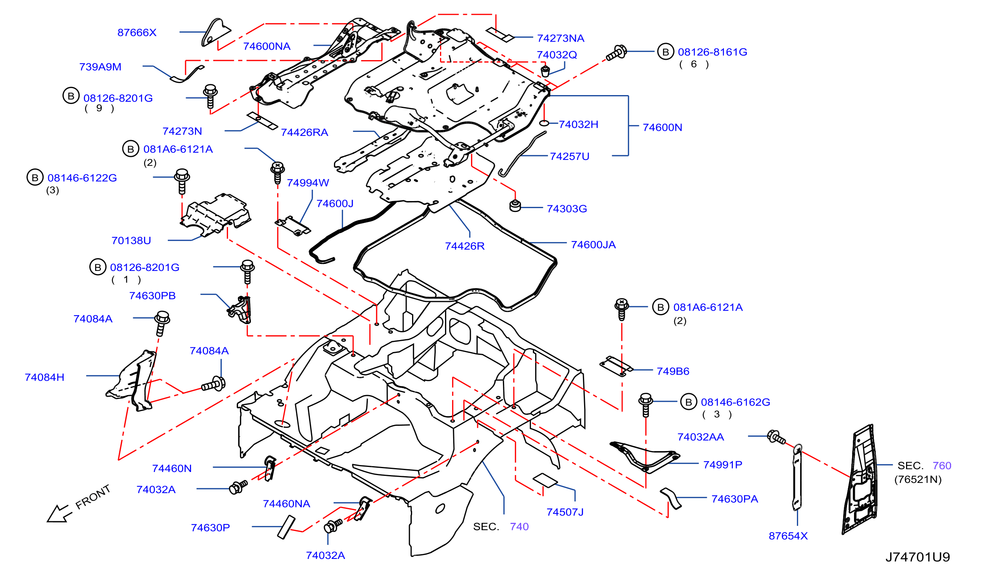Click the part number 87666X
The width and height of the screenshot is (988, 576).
tap(137, 33)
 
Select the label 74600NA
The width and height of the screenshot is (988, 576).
tap(266, 46)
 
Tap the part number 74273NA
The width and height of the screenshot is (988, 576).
tap(560, 38)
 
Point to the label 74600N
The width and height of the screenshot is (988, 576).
tap(662, 127)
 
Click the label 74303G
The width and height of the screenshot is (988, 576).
tap(567, 208)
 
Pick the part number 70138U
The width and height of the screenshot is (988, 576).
tap(131, 240)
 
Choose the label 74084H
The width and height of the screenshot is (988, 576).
tap(44, 377)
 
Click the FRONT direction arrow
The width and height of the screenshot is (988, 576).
tap(59, 514)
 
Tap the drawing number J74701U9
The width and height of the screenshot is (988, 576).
tap(917, 557)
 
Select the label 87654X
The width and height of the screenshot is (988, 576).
tap(788, 536)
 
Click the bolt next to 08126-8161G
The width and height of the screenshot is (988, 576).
tap(616, 53)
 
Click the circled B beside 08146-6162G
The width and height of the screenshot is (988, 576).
tap(689, 402)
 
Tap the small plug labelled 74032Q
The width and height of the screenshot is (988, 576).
tap(545, 71)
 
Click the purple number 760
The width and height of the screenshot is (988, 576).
tap(942, 465)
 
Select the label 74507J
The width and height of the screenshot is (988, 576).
tap(565, 512)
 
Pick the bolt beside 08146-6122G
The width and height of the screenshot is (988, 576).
tap(182, 181)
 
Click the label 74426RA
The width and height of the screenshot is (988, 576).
tap(304, 132)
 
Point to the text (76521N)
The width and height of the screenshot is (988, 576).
tap(918, 479)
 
